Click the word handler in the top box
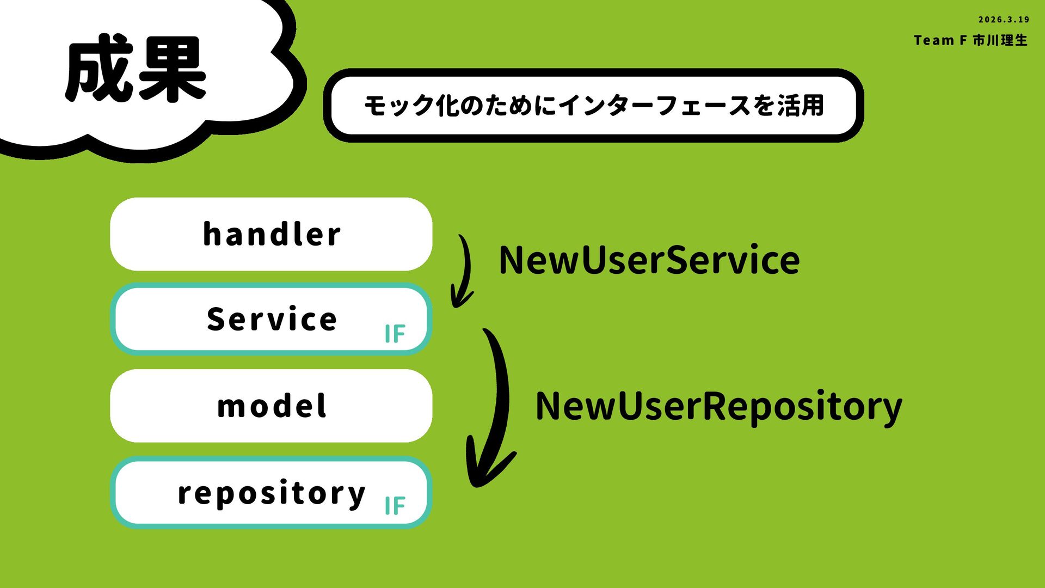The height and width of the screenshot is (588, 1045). click(272, 235)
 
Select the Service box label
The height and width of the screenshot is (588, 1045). click(272, 319)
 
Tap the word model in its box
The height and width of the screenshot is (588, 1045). click(272, 406)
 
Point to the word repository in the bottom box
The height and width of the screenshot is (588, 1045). click(272, 493)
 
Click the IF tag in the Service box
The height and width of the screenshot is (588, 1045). click(395, 334)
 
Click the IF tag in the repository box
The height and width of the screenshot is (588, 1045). click(395, 506)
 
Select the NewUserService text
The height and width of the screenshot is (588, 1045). click(649, 260)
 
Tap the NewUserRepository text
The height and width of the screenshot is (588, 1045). click(718, 406)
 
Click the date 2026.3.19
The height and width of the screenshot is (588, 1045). click(1004, 20)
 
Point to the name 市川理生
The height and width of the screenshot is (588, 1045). click(1000, 40)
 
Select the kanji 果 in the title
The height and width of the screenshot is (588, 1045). click(171, 69)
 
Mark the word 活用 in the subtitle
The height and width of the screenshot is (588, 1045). click(800, 106)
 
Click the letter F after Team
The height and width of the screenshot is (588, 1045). click(963, 40)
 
